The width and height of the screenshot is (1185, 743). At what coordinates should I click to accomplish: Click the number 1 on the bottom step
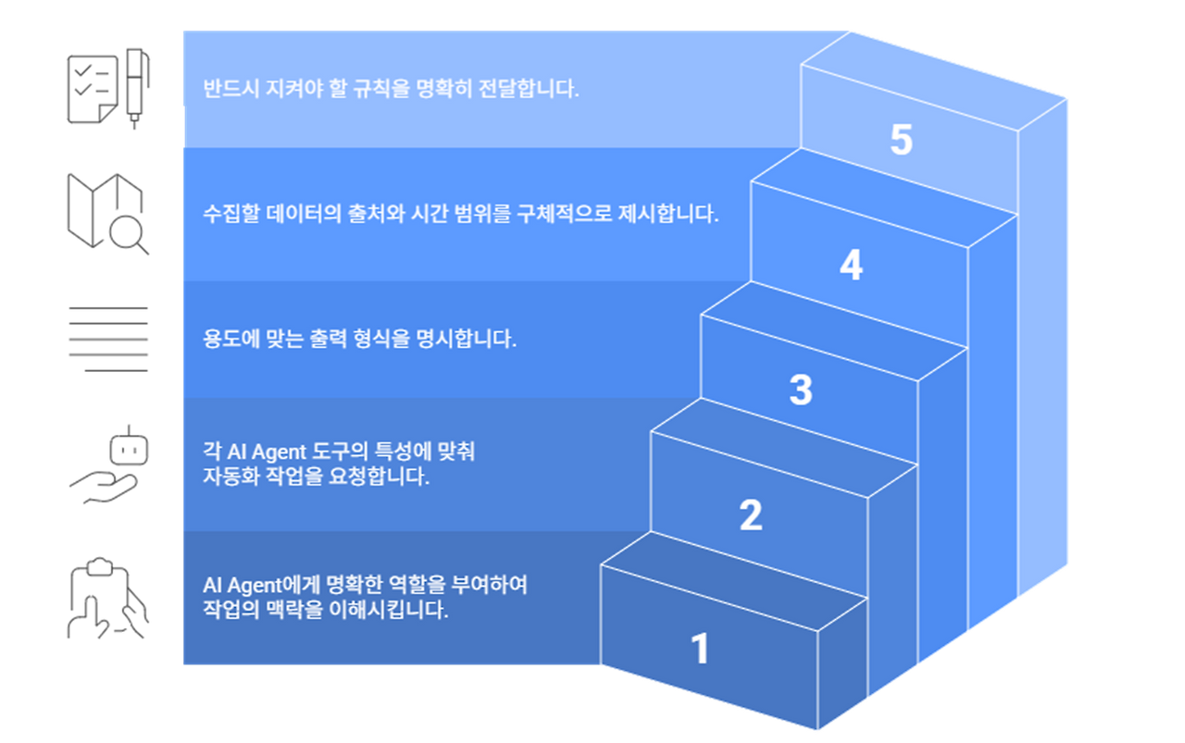pyautogui.click(x=700, y=649)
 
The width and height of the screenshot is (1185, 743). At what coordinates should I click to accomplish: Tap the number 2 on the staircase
pyautogui.click(x=751, y=515)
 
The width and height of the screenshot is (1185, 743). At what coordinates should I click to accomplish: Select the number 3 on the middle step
pyautogui.click(x=801, y=390)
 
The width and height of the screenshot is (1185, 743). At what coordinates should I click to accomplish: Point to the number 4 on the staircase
pyautogui.click(x=851, y=266)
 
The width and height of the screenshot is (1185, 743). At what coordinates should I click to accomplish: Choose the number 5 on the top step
pyautogui.click(x=901, y=141)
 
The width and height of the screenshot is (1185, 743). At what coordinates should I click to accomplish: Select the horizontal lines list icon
pyautogui.click(x=108, y=338)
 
